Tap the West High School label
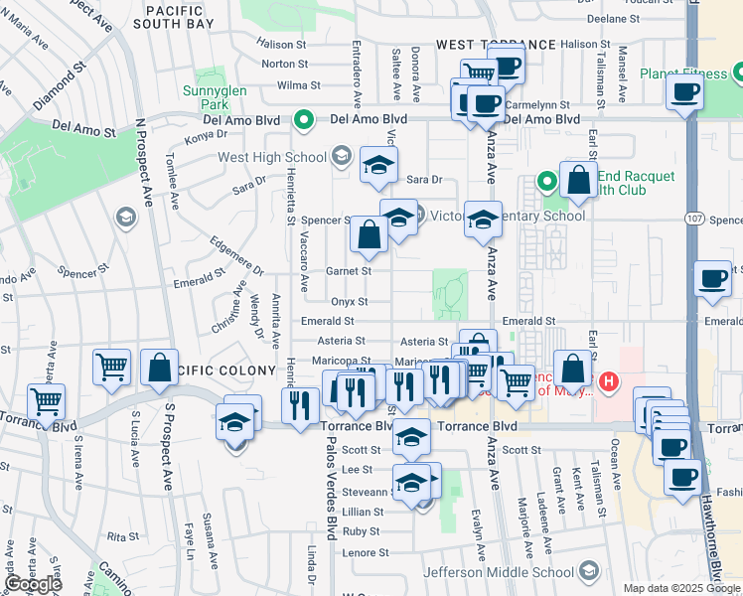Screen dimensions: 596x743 [271, 157]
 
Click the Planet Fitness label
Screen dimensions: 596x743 [683, 73]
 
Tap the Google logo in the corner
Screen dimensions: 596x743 [33, 584]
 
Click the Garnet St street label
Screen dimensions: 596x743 [349, 270]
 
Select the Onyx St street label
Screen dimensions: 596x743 [349, 301]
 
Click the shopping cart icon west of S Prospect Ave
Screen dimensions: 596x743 [111, 367]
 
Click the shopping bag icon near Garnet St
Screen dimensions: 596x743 [369, 234]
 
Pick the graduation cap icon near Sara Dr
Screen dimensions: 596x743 [377, 166]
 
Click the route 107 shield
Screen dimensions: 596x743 [694, 217]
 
